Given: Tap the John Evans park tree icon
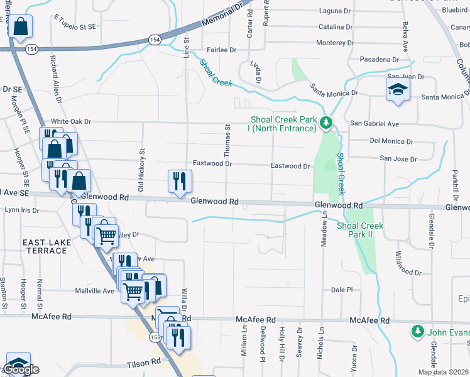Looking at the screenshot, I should [x=417, y=331].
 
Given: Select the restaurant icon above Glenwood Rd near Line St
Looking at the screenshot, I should [x=180, y=181].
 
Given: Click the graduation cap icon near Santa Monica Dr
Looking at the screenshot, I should [x=398, y=89].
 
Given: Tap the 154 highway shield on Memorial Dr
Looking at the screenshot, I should [x=155, y=40].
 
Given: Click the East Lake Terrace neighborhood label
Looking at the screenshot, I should [x=44, y=246].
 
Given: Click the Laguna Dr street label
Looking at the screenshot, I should [x=335, y=11].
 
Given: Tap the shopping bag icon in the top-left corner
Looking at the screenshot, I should [x=21, y=27].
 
